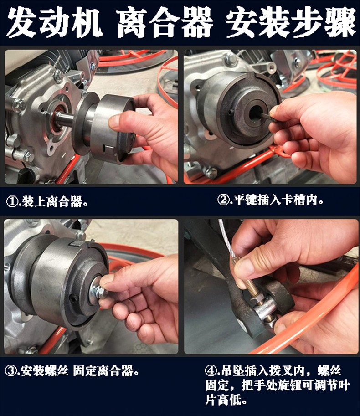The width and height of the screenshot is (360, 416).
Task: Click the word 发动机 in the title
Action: pyautogui.click(x=55, y=23)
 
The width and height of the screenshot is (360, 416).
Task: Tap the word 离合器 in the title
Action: pyautogui.click(x=165, y=23)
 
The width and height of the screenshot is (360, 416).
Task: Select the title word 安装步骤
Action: pyautogui.click(x=290, y=23)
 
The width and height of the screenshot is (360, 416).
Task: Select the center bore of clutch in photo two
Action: pyautogui.click(x=256, y=113)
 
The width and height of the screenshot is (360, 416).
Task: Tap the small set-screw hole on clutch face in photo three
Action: pyautogui.click(x=73, y=299)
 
